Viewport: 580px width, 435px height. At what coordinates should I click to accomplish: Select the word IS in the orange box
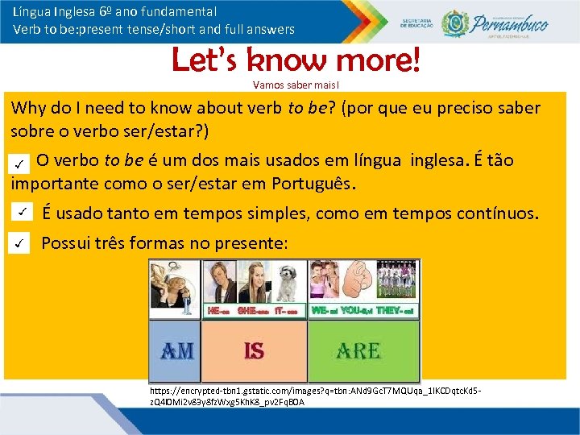pos(254,350)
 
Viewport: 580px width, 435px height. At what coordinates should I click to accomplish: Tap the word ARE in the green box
pos(358,350)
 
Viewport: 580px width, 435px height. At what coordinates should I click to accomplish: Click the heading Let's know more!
pos(296,60)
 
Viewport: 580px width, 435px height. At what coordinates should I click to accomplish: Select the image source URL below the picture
pos(314,395)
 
